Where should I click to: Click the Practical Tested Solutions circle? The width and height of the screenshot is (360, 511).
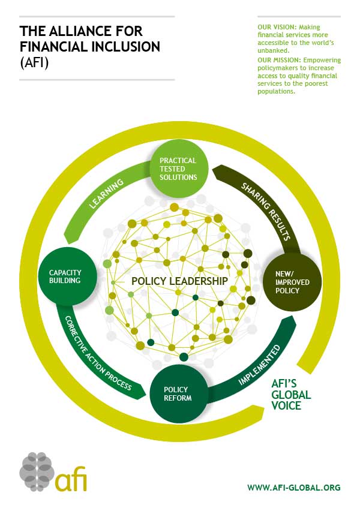click(178, 169)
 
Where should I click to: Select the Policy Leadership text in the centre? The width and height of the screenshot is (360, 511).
click(179, 281)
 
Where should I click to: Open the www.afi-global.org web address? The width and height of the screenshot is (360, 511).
click(293, 488)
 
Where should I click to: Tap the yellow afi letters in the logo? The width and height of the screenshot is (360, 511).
click(72, 480)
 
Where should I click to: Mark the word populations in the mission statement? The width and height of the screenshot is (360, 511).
click(276, 91)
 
